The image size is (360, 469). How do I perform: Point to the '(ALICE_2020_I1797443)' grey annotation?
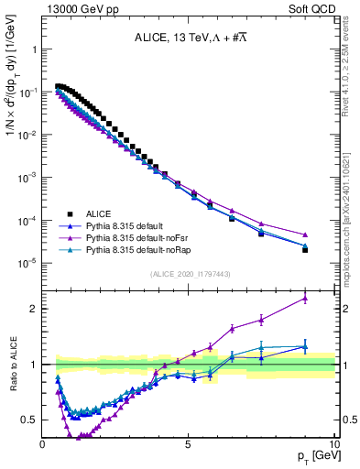pyautogui.click(x=189, y=275)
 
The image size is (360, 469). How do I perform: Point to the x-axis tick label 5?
pyautogui.click(x=189, y=444)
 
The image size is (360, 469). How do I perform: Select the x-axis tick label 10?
pyautogui.click(x=334, y=444)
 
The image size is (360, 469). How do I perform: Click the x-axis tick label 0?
pyautogui.click(x=43, y=444)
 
